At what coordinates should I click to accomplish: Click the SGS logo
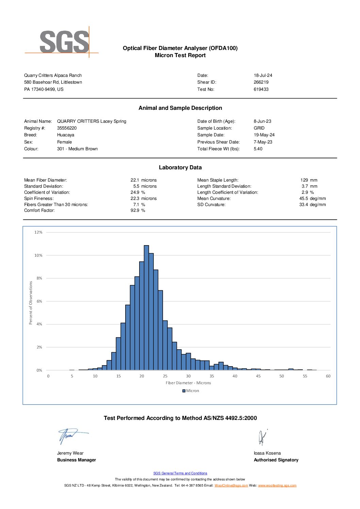[62, 42]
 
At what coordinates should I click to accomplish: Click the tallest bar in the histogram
[146, 308]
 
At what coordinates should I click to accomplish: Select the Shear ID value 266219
[261, 82]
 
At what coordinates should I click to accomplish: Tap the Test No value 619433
[261, 89]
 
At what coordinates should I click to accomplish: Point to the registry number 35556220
[67, 128]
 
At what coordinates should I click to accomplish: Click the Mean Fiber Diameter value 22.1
[135, 180]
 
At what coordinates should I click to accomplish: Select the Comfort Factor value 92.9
[135, 210]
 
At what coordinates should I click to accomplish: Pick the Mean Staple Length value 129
[304, 180]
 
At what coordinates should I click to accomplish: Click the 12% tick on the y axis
[38, 232]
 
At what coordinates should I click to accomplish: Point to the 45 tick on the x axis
[258, 376]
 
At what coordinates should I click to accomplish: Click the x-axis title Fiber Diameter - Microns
[188, 383]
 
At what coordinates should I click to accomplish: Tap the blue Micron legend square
[184, 391]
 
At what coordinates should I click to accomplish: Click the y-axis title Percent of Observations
[31, 303]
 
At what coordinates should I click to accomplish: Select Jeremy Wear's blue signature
[73, 436]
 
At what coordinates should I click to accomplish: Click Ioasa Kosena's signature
[262, 437]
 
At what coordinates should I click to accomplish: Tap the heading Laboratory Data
[180, 168]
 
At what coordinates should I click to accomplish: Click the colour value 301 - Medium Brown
[77, 149]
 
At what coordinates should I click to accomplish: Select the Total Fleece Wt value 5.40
[258, 149]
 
